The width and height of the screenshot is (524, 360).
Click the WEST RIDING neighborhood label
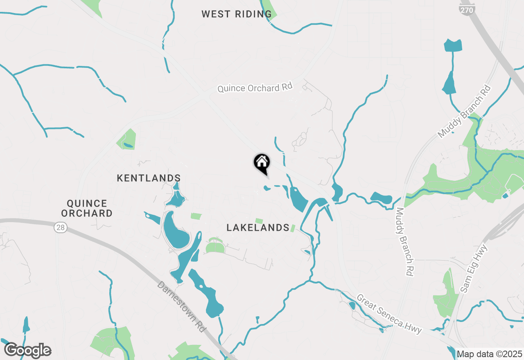(x=237, y=14)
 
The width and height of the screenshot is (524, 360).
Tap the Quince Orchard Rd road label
(x=255, y=88)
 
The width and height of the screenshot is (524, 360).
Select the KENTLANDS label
(x=149, y=178)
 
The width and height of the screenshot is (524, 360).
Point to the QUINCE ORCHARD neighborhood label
(x=89, y=208)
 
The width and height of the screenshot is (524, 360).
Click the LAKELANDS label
(x=258, y=228)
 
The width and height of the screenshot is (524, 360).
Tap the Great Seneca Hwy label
(x=389, y=314)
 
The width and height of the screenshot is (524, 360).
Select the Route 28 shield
(x=61, y=228)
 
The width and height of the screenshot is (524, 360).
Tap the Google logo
(x=27, y=351)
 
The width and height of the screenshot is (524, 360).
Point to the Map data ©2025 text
(x=490, y=353)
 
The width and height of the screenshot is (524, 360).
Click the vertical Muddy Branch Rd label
(x=404, y=241)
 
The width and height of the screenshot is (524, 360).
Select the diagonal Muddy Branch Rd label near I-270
(x=464, y=111)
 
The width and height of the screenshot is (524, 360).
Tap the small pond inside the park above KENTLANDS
(x=129, y=145)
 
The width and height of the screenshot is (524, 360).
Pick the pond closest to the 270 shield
(x=453, y=45)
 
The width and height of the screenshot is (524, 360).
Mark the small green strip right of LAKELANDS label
(x=293, y=228)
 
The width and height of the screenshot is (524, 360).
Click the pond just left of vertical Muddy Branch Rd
(x=382, y=198)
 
